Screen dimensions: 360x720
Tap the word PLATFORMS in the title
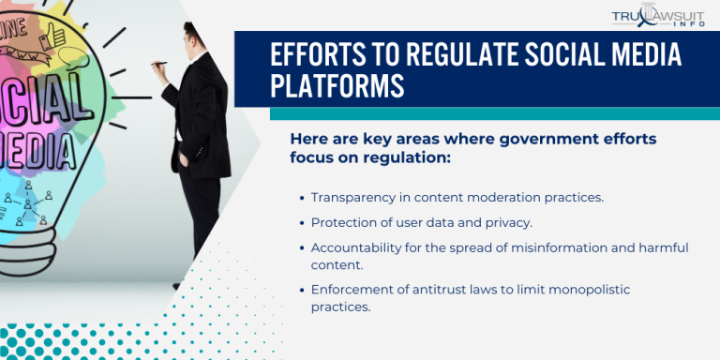[337, 86]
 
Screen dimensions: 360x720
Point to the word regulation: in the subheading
[404, 157]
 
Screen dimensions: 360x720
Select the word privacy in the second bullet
[506, 222]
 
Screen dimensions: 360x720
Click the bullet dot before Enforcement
[301, 289]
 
